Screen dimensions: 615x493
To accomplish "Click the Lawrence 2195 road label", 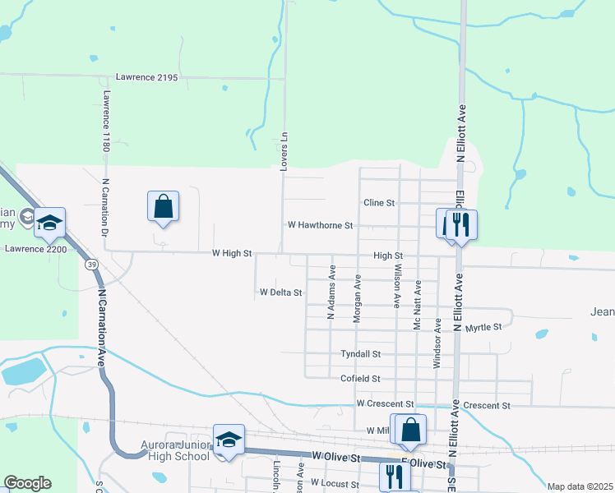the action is pyautogui.click(x=147, y=77).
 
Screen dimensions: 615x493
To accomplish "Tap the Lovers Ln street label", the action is pyautogui.click(x=284, y=152).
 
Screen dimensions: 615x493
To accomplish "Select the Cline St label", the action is pyautogui.click(x=379, y=203).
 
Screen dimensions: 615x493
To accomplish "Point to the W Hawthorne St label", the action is pyautogui.click(x=320, y=225).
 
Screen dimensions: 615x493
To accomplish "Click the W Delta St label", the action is pyautogui.click(x=281, y=292).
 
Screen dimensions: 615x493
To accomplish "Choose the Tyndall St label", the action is pyautogui.click(x=361, y=354).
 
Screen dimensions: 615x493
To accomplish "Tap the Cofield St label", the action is pyautogui.click(x=360, y=379).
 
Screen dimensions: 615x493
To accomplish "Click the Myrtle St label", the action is pyautogui.click(x=483, y=328).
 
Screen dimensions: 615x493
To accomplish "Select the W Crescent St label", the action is pyautogui.click(x=386, y=404).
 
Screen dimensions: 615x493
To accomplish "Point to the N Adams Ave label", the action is pyautogui.click(x=331, y=292).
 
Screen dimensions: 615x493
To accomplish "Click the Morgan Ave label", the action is pyautogui.click(x=358, y=298).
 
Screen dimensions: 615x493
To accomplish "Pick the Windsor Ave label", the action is pyautogui.click(x=437, y=343).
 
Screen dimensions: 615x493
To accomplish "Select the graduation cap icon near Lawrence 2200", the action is pyautogui.click(x=50, y=222).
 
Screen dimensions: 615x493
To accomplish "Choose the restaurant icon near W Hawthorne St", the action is pyautogui.click(x=461, y=223).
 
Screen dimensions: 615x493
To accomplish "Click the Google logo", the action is pyautogui.click(x=27, y=483).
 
